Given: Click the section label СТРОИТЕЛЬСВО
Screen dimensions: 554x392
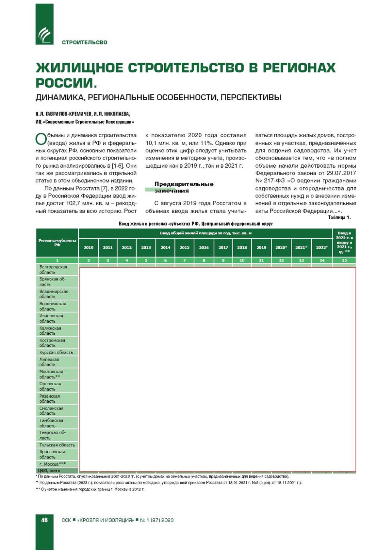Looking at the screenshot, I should click(84, 42).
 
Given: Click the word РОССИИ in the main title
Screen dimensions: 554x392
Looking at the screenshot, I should click(66, 83).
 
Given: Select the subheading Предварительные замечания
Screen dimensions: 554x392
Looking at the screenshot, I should click(184, 187).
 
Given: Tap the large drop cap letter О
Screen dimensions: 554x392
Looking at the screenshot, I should click(41, 139).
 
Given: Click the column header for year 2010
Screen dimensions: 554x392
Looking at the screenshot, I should click(88, 248).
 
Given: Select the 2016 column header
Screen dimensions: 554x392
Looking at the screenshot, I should click(204, 248).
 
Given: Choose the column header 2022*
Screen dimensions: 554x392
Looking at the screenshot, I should click(322, 248).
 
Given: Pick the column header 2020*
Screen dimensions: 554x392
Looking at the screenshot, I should click(281, 248).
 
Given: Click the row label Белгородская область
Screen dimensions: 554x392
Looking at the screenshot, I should click(53, 270).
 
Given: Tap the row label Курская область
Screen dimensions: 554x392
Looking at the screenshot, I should click(56, 352).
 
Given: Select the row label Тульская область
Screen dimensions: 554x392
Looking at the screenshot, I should click(57, 445).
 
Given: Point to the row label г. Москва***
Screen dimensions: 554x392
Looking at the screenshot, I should click(52, 464).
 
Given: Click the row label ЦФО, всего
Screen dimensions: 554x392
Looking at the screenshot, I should click(49, 470).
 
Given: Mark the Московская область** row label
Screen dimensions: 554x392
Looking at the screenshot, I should click(51, 374).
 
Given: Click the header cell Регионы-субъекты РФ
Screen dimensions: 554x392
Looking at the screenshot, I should click(57, 242).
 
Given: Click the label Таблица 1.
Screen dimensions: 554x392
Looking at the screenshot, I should click(339, 218).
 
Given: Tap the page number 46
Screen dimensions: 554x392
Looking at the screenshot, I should click(44, 520).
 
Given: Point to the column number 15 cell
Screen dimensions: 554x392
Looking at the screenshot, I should click(344, 260).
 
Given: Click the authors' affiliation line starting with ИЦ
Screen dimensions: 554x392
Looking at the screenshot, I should click(85, 122).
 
